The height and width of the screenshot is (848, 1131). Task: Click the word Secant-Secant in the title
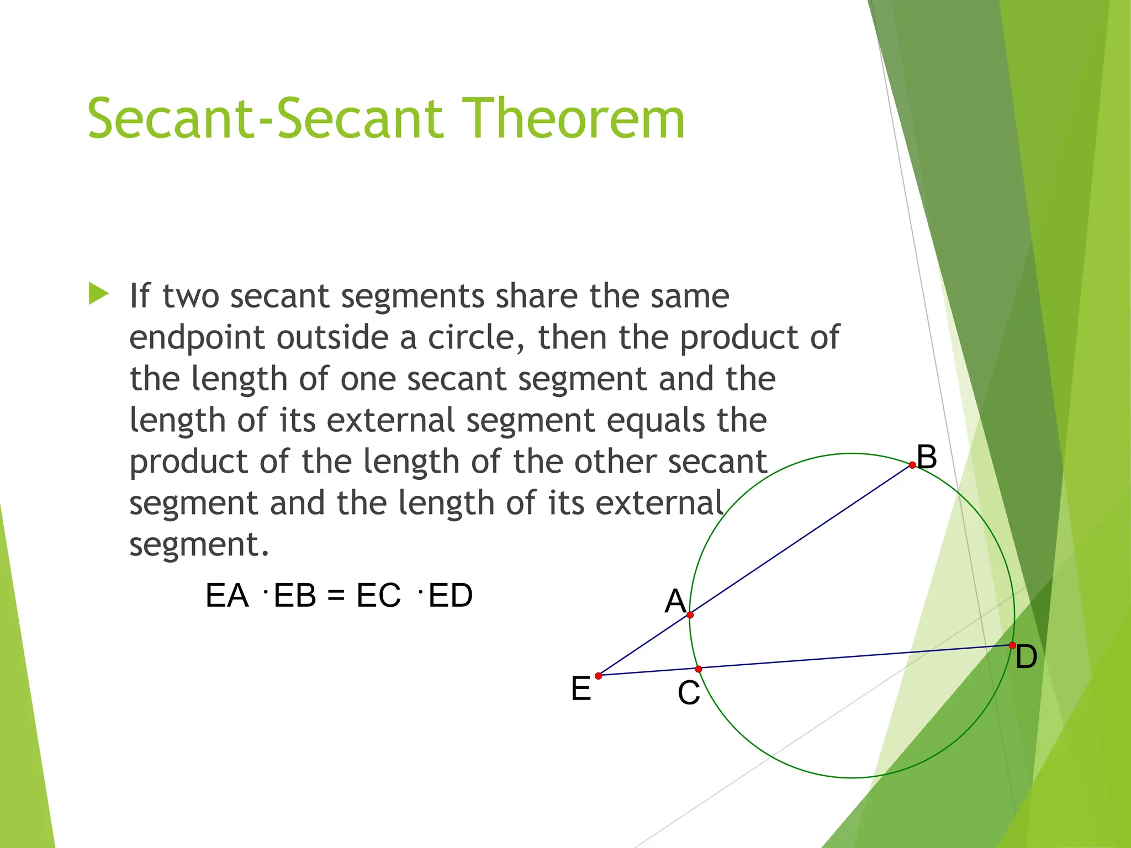point(265,119)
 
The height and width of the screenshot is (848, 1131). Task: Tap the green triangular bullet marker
point(98,294)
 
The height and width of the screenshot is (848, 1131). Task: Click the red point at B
point(912,465)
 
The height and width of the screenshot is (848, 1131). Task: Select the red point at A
point(690,614)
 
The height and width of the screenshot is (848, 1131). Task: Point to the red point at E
point(598,676)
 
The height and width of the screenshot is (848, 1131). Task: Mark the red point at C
point(698,669)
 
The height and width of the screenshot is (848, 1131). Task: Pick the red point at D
point(1012,645)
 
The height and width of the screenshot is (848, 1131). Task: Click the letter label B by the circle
point(927,457)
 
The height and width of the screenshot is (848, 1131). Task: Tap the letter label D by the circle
point(1026,657)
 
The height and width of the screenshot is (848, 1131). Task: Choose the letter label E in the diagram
point(581,689)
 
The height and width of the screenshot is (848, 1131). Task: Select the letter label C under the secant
point(689,693)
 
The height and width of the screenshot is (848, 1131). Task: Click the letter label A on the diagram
point(675,601)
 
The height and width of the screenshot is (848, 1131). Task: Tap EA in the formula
point(227,596)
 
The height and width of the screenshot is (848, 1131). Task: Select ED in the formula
point(450,596)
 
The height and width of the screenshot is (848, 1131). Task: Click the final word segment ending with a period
point(199,545)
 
